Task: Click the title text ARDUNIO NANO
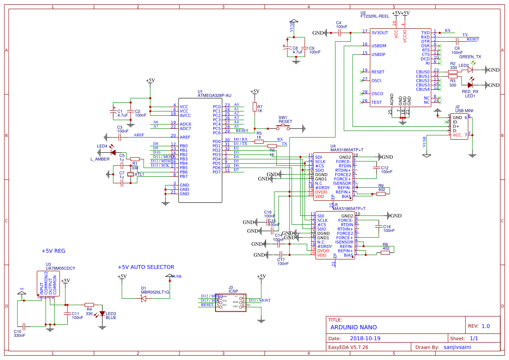354,327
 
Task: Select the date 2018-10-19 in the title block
365,338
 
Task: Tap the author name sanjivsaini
457,347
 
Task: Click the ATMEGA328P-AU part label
214,95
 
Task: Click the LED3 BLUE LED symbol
102,313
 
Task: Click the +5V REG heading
53,251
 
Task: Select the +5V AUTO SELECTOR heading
146,267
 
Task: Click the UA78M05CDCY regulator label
61,269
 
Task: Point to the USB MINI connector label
464,111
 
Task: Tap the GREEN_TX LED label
470,57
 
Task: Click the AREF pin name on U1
185,137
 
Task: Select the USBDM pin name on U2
378,45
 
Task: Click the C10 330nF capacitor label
20,333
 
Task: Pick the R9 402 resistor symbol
381,194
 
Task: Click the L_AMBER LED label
100,159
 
